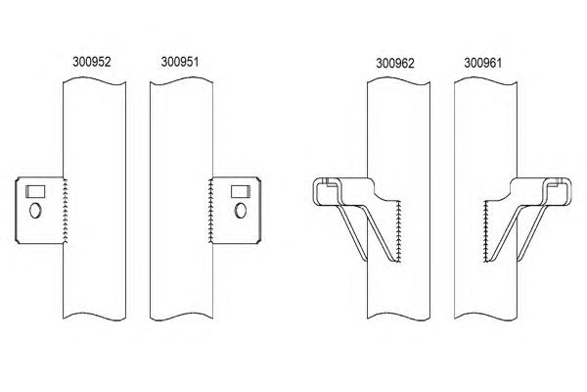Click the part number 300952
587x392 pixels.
coord(92,62)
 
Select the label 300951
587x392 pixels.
coord(178,62)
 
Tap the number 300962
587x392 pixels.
coord(395,63)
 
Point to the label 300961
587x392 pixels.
coord(482,63)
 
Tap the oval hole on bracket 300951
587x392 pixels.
coord(239,210)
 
